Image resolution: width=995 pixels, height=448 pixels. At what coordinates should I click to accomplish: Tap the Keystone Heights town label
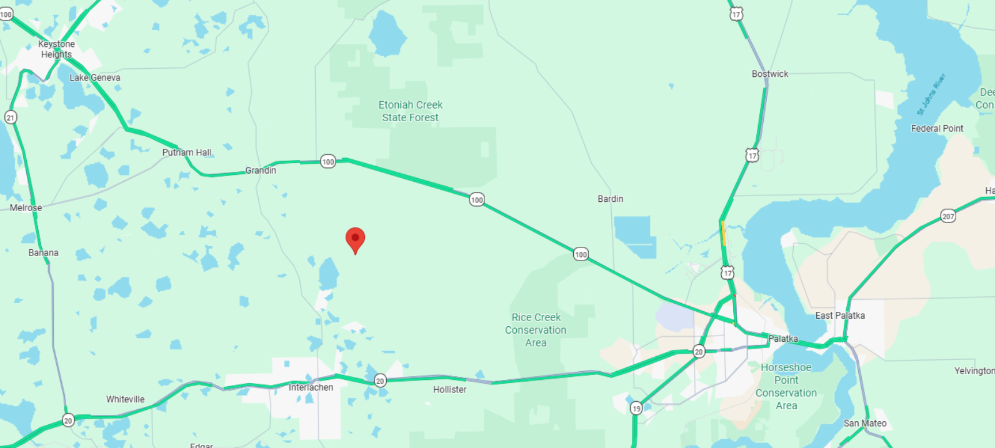pyautogui.click(x=56, y=49)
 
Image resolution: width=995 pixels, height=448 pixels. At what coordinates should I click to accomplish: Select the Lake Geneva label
pyautogui.click(x=95, y=77)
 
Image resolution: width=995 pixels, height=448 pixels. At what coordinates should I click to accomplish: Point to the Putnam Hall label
pyautogui.click(x=187, y=152)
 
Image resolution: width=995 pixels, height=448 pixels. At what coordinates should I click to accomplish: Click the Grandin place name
pyautogui.click(x=261, y=170)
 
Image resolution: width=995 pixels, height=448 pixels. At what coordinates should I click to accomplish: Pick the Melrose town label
pyautogui.click(x=26, y=207)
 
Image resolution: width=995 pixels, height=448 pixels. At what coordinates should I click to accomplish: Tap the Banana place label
pyautogui.click(x=43, y=252)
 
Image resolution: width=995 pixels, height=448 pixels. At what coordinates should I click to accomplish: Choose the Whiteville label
pyautogui.click(x=125, y=399)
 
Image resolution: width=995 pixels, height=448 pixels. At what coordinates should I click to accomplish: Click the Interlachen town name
pyautogui.click(x=311, y=387)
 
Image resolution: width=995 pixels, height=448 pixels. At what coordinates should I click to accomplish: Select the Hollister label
pyautogui.click(x=449, y=389)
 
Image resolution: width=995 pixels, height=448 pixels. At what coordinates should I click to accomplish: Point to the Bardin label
pyautogui.click(x=610, y=199)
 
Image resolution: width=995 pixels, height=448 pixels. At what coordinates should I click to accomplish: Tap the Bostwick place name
pyautogui.click(x=770, y=74)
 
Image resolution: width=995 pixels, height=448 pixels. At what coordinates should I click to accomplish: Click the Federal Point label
pyautogui.click(x=937, y=128)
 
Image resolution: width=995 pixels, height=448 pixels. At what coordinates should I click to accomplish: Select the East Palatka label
pyautogui.click(x=840, y=316)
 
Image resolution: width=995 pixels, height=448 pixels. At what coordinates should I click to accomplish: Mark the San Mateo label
pyautogui.click(x=865, y=423)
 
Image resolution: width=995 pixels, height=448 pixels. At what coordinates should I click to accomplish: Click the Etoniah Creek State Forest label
pyautogui.click(x=411, y=111)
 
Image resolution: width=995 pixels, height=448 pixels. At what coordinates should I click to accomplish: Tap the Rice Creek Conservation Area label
pyautogui.click(x=536, y=330)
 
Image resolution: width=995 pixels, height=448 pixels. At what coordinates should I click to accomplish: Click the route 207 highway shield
pyautogui.click(x=948, y=216)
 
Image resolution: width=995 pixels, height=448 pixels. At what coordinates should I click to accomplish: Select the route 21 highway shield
pyautogui.click(x=10, y=117)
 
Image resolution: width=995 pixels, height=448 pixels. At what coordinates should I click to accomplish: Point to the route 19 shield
pyautogui.click(x=636, y=409)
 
